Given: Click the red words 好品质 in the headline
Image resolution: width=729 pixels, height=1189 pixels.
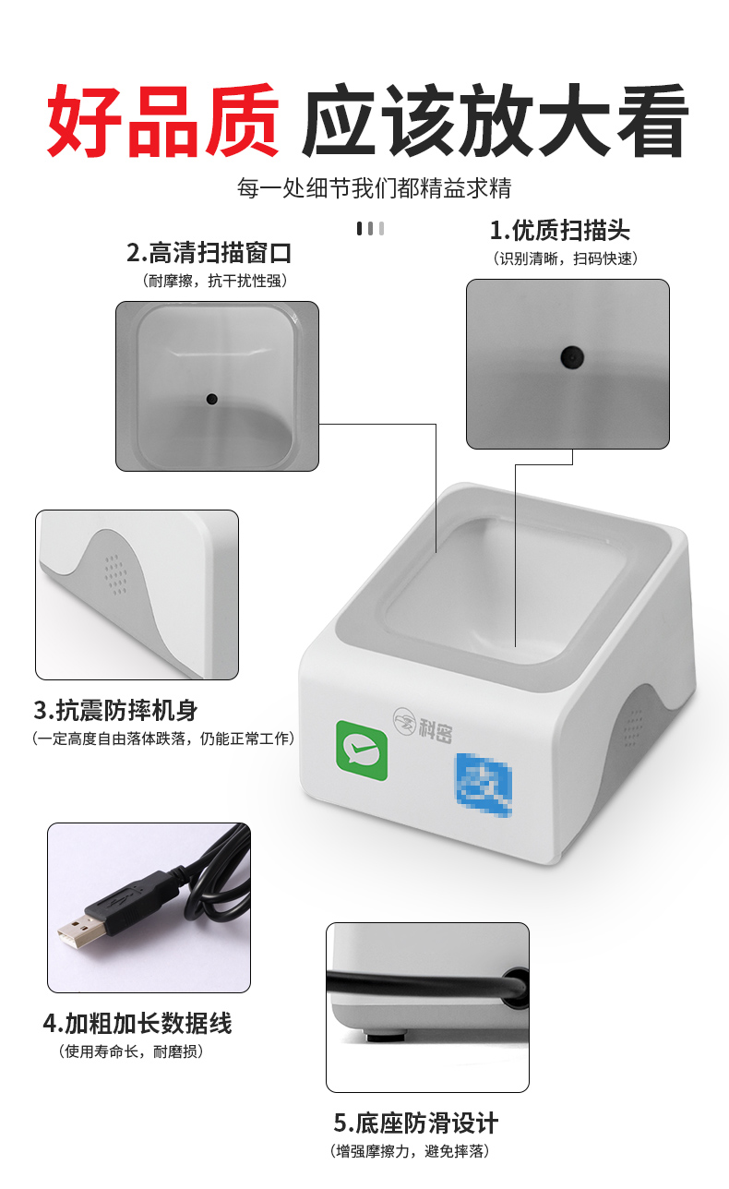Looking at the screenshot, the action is coord(163,121).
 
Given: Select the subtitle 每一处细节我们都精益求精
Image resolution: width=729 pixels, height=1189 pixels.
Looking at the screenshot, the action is coord(374,188).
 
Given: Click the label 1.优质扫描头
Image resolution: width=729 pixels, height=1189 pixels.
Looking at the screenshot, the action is coord(560,231).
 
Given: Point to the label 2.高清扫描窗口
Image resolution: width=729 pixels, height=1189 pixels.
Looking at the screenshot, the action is coord(209,253).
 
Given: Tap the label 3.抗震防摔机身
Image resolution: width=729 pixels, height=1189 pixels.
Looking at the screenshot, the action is coord(115,710).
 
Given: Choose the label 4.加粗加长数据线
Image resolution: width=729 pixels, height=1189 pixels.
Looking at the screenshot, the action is coord(137,1024).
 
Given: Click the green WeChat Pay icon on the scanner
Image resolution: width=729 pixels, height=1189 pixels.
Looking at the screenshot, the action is coord(362,750).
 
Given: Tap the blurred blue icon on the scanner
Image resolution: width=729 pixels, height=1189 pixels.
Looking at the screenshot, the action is coord(484,785).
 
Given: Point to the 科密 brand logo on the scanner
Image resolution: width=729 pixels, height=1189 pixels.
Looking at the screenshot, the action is coord(423,725).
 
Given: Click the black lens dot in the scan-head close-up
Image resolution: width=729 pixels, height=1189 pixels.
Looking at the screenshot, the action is coord(572,357).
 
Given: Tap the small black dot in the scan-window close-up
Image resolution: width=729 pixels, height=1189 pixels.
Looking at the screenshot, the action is coord(211,399).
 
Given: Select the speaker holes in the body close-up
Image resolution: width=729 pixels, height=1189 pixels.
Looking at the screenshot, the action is coord(115,575).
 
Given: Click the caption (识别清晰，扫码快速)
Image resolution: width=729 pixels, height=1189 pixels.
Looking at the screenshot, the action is coord(565,259).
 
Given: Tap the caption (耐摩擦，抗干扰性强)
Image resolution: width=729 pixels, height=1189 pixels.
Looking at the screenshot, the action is coord(215,281).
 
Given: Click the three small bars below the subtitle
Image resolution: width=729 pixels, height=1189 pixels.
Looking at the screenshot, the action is coord(370,229).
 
